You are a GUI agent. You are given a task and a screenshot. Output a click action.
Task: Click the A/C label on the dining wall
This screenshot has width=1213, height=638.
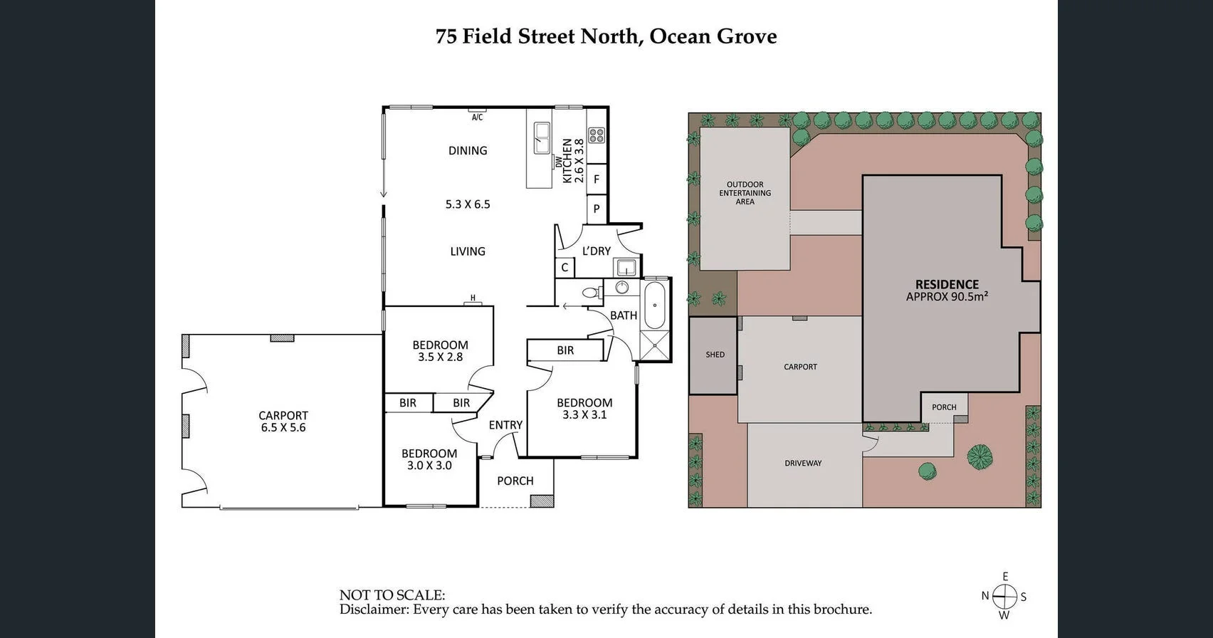(x=477, y=117)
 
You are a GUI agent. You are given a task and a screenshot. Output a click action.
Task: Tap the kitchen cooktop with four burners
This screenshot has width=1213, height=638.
(x=597, y=135)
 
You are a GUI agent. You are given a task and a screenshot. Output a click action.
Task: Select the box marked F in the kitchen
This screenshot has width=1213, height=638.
(x=597, y=179)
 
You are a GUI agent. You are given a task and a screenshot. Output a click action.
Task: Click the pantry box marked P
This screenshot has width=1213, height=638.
(x=597, y=209)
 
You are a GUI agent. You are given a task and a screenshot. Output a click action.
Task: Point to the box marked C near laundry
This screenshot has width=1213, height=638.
(x=565, y=268)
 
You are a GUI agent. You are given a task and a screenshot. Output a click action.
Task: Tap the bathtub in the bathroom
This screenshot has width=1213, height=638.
(x=654, y=305)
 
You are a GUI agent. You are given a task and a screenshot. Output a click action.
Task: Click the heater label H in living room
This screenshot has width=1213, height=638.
(x=473, y=298)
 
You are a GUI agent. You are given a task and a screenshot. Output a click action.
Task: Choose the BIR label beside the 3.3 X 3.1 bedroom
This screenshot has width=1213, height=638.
(x=565, y=350)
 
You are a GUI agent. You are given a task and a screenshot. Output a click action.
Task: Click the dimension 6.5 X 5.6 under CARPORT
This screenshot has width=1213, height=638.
(x=283, y=428)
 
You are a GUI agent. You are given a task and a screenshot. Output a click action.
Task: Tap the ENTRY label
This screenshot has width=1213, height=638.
(x=505, y=425)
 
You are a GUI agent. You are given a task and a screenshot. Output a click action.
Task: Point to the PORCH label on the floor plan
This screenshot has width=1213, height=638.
(x=515, y=481)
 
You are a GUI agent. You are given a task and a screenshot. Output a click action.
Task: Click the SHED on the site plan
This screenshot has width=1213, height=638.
(x=715, y=355)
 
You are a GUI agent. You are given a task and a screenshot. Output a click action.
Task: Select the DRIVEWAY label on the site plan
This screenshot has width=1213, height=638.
(x=803, y=464)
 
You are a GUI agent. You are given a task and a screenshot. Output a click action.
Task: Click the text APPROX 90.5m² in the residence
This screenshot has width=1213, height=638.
(x=947, y=297)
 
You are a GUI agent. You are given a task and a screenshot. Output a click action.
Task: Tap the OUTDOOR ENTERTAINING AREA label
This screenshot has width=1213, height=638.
(x=745, y=193)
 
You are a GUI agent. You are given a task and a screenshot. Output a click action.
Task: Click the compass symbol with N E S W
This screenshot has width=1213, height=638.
(x=1004, y=596)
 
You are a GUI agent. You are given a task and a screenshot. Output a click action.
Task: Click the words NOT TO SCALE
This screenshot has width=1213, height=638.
(x=392, y=595)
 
